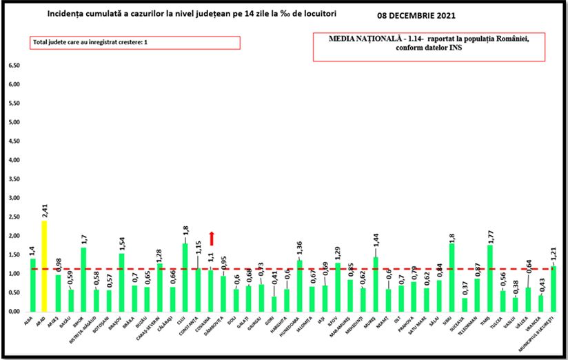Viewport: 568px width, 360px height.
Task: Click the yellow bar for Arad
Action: [45, 266]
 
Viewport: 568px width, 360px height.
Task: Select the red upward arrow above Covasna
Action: [212, 239]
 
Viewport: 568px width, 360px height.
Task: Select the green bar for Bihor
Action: [84, 279]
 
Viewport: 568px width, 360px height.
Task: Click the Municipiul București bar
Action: [554, 289]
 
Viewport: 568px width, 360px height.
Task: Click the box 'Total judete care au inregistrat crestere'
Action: [135, 43]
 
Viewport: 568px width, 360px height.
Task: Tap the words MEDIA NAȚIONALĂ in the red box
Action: [358, 39]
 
